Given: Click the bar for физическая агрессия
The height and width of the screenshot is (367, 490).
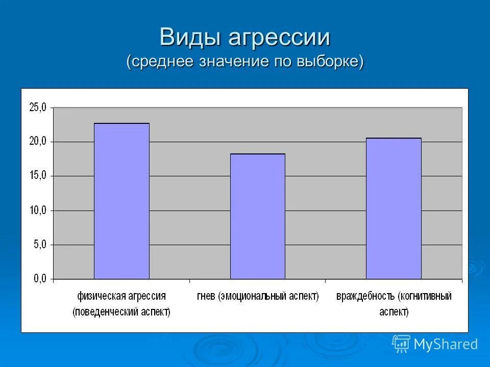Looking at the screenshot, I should coord(121,201).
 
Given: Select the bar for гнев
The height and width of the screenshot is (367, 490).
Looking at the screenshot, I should coord(257,217).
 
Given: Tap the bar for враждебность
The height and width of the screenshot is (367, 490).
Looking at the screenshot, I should coord(394,208).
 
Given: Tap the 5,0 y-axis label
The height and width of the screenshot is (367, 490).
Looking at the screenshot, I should coord(40,245).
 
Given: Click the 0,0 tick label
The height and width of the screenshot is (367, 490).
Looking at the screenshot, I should coord(40,279).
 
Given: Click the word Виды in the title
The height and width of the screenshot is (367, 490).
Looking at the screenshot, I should coord(189,37).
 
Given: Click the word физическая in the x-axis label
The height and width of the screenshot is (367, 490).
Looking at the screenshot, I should coord(101,296).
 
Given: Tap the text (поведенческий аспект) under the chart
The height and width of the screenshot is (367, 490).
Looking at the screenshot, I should coord(121,312).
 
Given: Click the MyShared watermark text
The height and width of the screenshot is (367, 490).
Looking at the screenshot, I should coord(446,344).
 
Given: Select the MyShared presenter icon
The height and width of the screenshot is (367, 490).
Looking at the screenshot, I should coord(401,344).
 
